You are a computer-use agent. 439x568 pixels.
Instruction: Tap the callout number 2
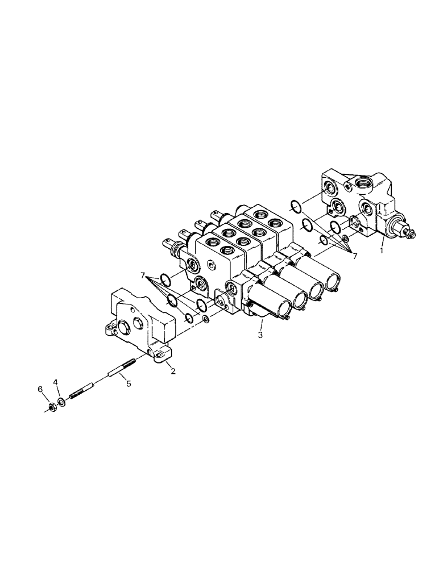coord(172,371)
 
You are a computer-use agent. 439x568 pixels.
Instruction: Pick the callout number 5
coord(129,384)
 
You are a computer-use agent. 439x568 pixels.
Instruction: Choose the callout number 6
coord(40,389)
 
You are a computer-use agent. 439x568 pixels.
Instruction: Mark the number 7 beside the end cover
coord(142,275)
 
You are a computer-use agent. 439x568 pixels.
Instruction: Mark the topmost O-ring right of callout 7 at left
coord(165,279)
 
